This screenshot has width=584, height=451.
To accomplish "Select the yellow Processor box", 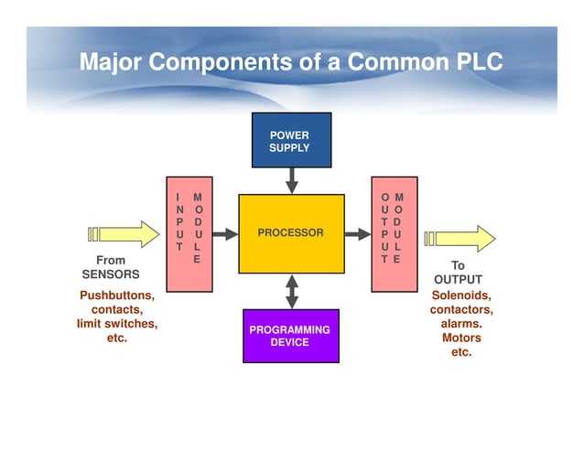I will (x=291, y=233).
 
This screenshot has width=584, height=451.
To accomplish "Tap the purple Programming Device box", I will (x=290, y=336).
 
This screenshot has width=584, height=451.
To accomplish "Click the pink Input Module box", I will (x=189, y=234).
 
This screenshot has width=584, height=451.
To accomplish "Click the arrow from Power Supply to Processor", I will (x=291, y=182).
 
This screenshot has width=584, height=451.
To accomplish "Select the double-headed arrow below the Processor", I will (x=291, y=291).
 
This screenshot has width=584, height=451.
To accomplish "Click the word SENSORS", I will (x=111, y=274).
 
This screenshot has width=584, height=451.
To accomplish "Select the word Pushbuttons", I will (x=117, y=295).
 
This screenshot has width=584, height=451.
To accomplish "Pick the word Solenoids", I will (x=461, y=295).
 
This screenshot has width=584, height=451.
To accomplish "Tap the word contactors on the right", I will (x=461, y=310).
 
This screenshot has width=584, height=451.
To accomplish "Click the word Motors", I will (x=461, y=338).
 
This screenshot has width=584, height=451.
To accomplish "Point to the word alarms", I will (x=461, y=324).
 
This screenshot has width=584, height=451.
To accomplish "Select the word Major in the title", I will (x=112, y=63).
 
